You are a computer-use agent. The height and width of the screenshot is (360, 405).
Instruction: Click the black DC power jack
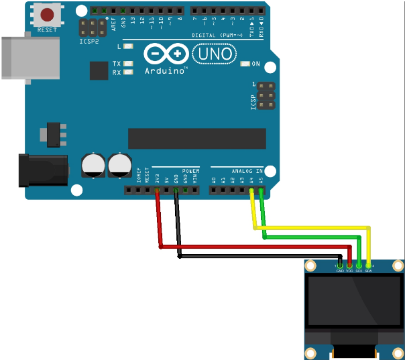coord(44,169)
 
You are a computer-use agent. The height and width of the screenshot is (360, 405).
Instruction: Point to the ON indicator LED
coord(245,64)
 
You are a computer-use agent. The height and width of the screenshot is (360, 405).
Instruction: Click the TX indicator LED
coord(127,64)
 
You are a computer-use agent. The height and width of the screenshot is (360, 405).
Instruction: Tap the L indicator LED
coord(127,47)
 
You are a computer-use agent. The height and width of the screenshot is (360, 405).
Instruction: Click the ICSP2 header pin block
coord(93,28)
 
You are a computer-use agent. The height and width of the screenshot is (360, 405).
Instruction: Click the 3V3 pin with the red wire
coord(157,190)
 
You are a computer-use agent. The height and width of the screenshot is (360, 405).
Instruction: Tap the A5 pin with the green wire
coord(261,190)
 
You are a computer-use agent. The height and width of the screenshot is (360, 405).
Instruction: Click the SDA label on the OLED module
coord(368,271)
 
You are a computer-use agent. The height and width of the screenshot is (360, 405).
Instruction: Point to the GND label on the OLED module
coord(341,271)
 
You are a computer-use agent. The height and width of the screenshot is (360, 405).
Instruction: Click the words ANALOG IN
coord(247,171)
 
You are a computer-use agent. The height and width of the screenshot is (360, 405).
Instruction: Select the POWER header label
coord(190,171)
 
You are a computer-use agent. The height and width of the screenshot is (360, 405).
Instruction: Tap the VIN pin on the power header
coord(194,190)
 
